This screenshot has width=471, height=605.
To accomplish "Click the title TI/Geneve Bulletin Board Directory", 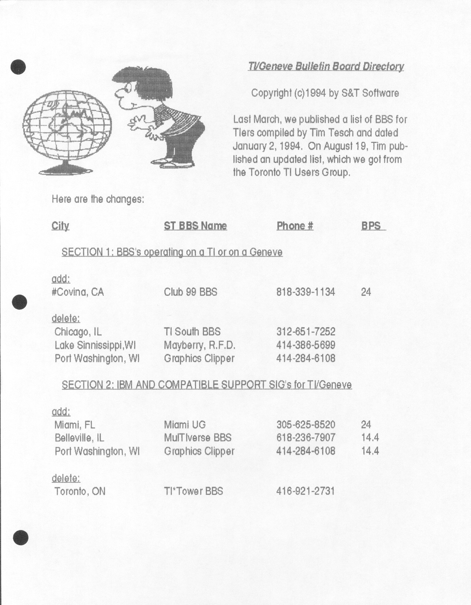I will pos(326,66).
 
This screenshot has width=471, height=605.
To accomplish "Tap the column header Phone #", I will pos(295,226).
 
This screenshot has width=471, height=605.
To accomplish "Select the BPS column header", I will pos(371,226).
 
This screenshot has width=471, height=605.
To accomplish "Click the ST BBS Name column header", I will pos(195,226).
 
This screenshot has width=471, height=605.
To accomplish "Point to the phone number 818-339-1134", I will pos(306,292).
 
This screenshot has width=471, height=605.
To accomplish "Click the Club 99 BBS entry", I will pos(191,292).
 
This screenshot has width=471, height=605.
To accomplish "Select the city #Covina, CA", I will pos(78,292).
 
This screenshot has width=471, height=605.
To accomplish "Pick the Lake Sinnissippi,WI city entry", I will pos(95,345).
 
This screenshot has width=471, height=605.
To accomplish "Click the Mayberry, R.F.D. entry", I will pos(199,345).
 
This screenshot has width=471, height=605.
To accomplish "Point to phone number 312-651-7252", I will pos(306,332).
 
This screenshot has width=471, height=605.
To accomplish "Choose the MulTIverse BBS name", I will pos(198,438).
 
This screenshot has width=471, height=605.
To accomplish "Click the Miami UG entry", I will pos(185,425).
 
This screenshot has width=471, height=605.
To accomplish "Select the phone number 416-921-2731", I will pos(306,491).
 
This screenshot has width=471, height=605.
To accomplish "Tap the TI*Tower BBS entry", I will pos(194,491).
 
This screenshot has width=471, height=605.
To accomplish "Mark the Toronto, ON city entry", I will pos(80,491).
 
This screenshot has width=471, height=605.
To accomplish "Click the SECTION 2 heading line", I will pos(207,385).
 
